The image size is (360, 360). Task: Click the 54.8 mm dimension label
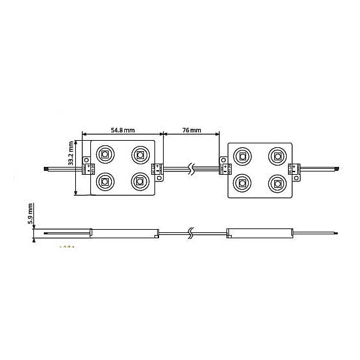(123, 130)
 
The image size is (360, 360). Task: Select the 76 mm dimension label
(192, 130)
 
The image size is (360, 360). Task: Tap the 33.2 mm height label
(71, 153)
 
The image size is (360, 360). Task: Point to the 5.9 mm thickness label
(30, 214)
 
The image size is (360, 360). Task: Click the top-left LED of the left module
(105, 154)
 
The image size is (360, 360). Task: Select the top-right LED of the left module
(141, 154)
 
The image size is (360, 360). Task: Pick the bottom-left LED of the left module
(105, 181)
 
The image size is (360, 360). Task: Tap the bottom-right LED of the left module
(140, 181)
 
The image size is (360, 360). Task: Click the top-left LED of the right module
(242, 156)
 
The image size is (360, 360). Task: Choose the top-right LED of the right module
(278, 156)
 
